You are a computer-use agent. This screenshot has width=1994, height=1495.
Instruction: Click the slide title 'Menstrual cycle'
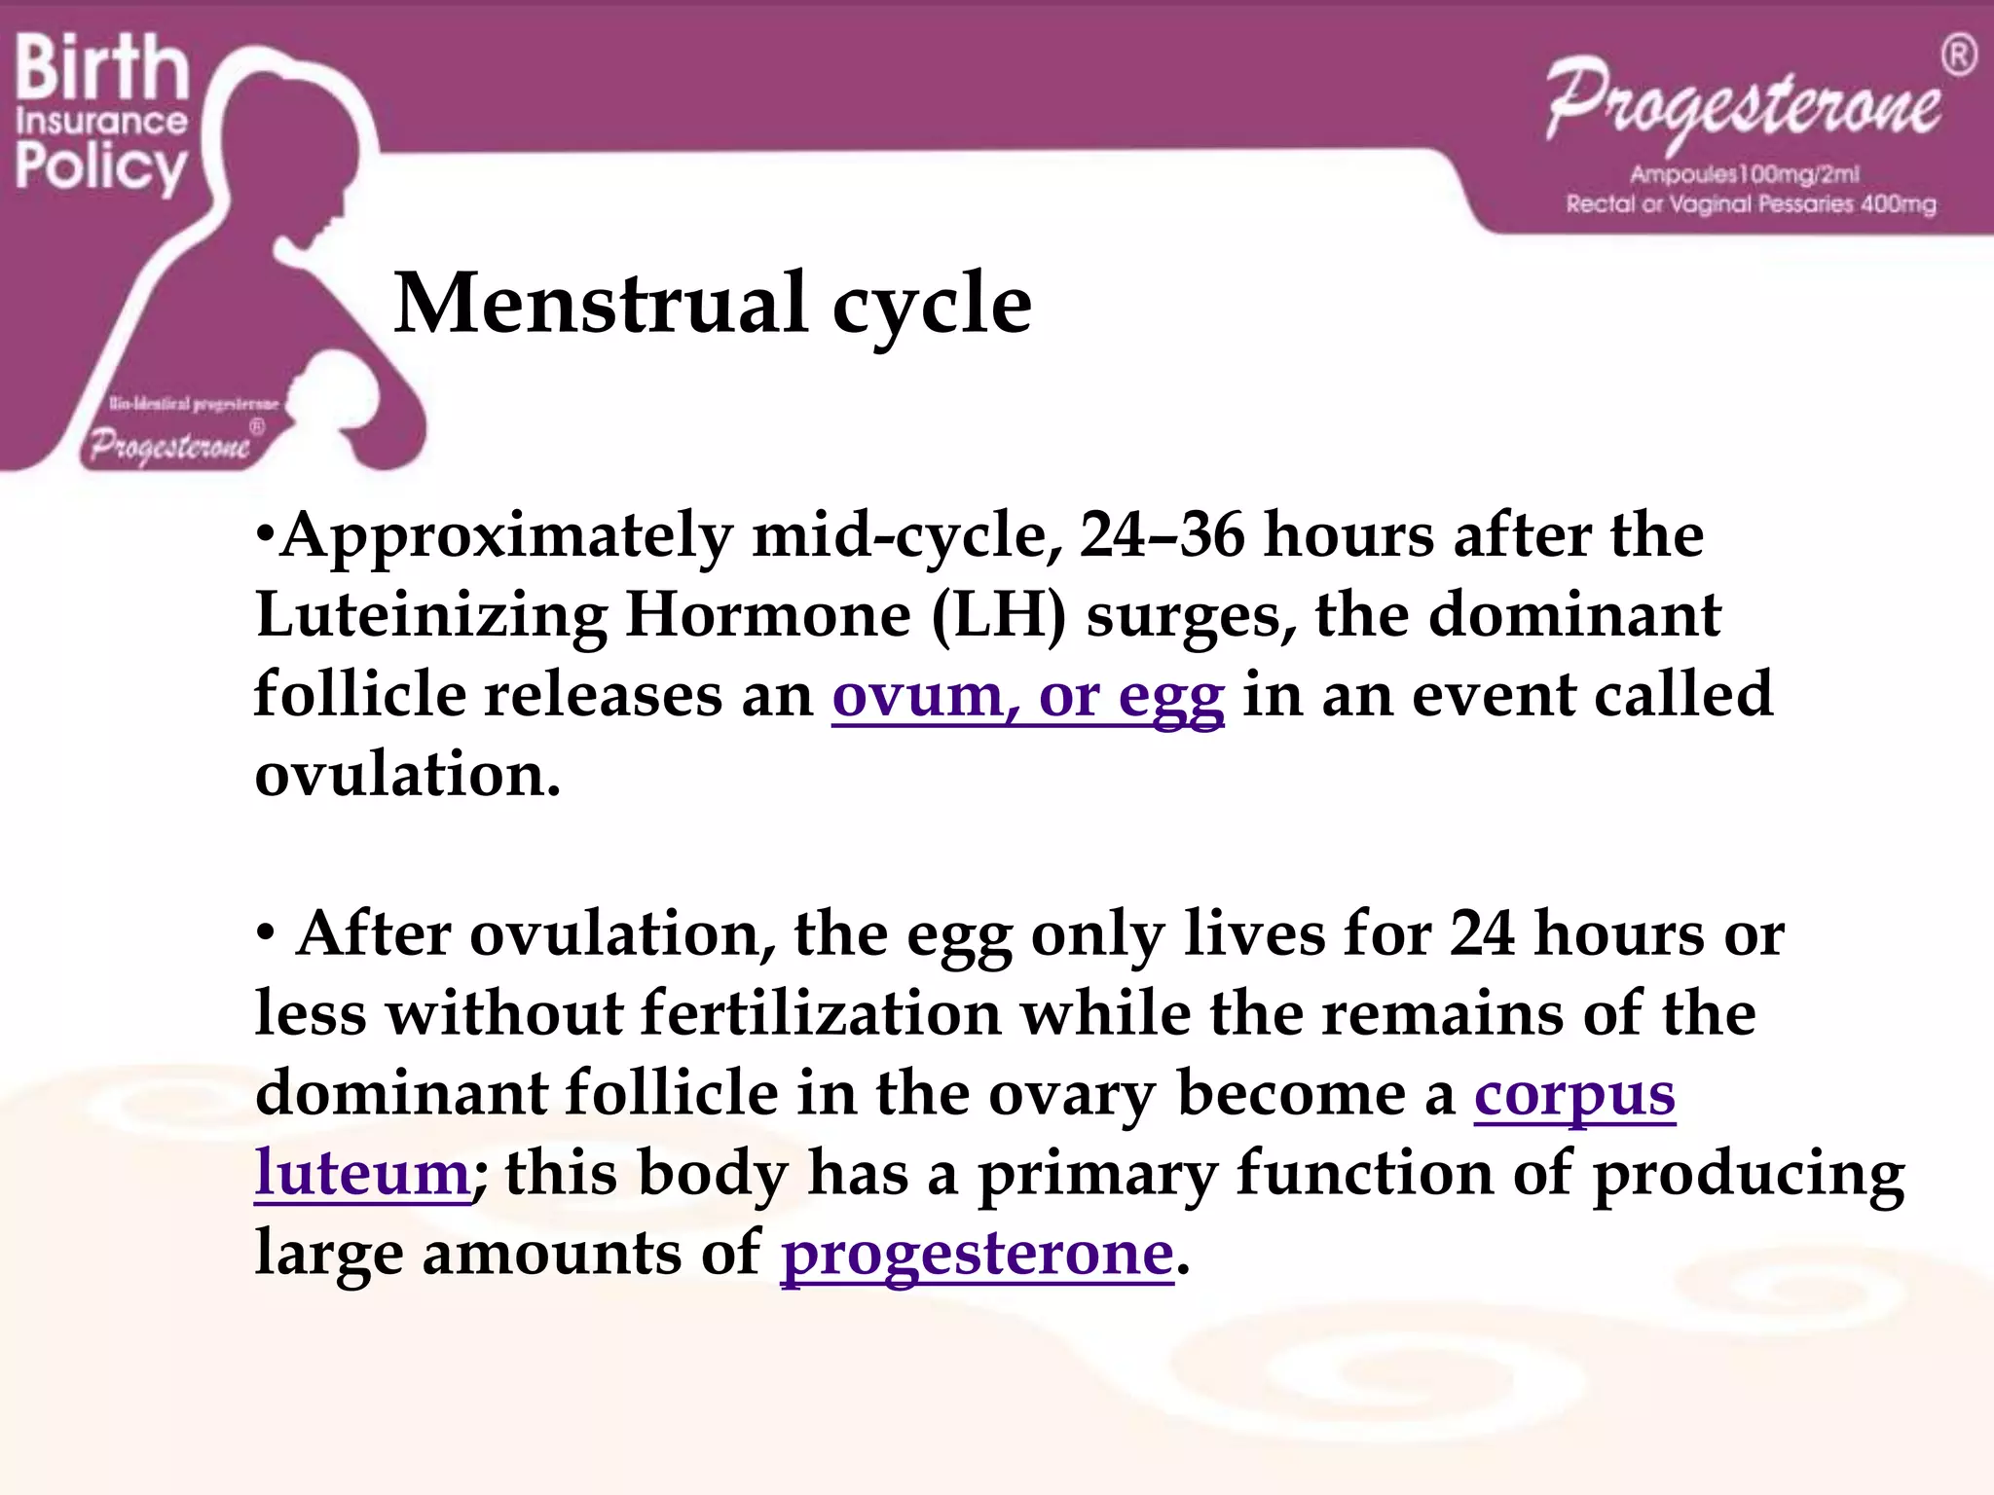(x=712, y=304)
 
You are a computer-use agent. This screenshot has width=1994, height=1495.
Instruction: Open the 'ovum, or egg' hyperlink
(x=1027, y=696)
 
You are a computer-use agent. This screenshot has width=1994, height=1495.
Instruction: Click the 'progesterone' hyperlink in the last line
(x=977, y=1254)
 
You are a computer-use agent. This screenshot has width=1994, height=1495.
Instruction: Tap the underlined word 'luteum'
(x=362, y=1174)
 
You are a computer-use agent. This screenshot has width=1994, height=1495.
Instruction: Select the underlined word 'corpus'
(x=1574, y=1095)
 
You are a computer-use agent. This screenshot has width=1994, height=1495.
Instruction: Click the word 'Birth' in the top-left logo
(x=101, y=68)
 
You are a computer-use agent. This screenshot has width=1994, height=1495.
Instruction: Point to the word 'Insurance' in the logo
(x=101, y=122)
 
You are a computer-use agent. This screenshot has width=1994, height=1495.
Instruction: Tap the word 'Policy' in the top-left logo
(x=100, y=166)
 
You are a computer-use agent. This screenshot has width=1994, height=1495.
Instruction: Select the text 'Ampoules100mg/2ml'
(x=1745, y=174)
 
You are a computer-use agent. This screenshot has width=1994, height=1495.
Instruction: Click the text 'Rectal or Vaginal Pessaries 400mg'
(x=1751, y=204)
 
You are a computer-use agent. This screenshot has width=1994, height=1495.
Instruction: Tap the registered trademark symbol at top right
(x=1959, y=55)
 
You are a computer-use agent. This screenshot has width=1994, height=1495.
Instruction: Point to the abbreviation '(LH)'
(x=999, y=616)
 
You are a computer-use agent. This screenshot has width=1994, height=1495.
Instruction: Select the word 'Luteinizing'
(x=430, y=616)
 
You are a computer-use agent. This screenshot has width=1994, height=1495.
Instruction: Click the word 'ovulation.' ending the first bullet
(x=408, y=776)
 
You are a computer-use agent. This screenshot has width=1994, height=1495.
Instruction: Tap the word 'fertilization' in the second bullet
(x=821, y=1014)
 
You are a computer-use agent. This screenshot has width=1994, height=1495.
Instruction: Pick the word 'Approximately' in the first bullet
(x=506, y=537)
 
